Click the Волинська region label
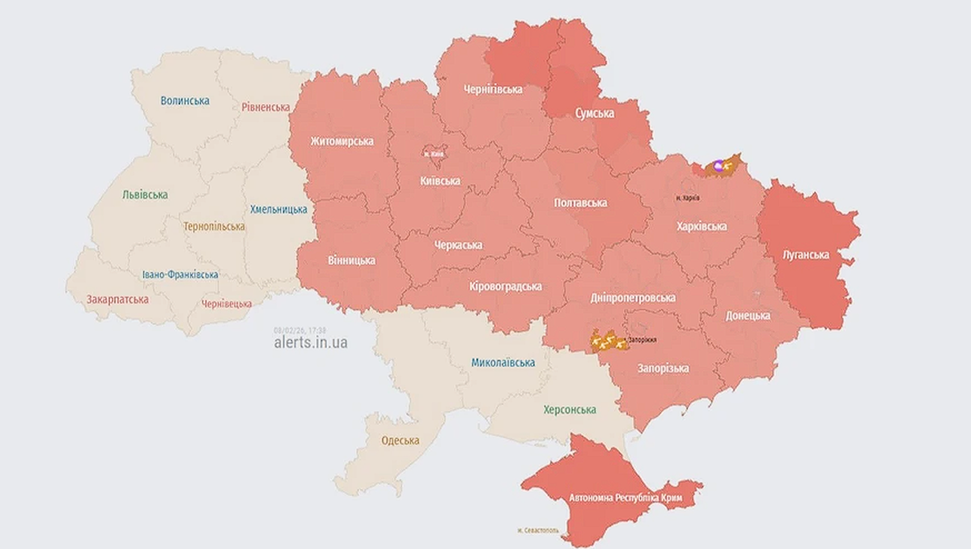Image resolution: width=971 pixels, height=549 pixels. pyautogui.click(x=184, y=101)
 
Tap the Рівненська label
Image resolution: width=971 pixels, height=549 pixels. pyautogui.click(x=265, y=107)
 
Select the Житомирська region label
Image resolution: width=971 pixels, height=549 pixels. pyautogui.click(x=341, y=141)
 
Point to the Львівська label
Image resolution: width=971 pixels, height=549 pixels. pyautogui.click(x=145, y=195)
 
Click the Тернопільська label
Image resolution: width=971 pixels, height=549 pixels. pyautogui.click(x=214, y=227)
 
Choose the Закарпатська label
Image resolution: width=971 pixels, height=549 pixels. pyautogui.click(x=118, y=299)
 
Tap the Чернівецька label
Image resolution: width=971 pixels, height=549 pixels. pyautogui.click(x=227, y=304)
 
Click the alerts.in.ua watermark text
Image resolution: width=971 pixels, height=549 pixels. pyautogui.click(x=311, y=343)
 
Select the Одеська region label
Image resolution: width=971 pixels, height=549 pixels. pyautogui.click(x=400, y=440)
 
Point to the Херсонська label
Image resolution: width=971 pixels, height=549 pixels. pyautogui.click(x=570, y=410)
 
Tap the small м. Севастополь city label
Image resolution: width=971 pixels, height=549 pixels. pyautogui.click(x=540, y=530)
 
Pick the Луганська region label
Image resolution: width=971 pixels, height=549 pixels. pyautogui.click(x=806, y=254)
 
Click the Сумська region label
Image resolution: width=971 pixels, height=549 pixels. pyautogui.click(x=594, y=113)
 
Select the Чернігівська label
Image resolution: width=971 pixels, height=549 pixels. pyautogui.click(x=492, y=89)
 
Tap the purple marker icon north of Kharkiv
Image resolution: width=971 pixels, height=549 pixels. pyautogui.click(x=719, y=165)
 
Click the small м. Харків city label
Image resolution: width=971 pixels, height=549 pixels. pyautogui.click(x=687, y=198)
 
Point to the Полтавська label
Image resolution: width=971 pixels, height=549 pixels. pyautogui.click(x=580, y=202)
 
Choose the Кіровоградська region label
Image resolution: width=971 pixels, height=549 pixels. pyautogui.click(x=506, y=287)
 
